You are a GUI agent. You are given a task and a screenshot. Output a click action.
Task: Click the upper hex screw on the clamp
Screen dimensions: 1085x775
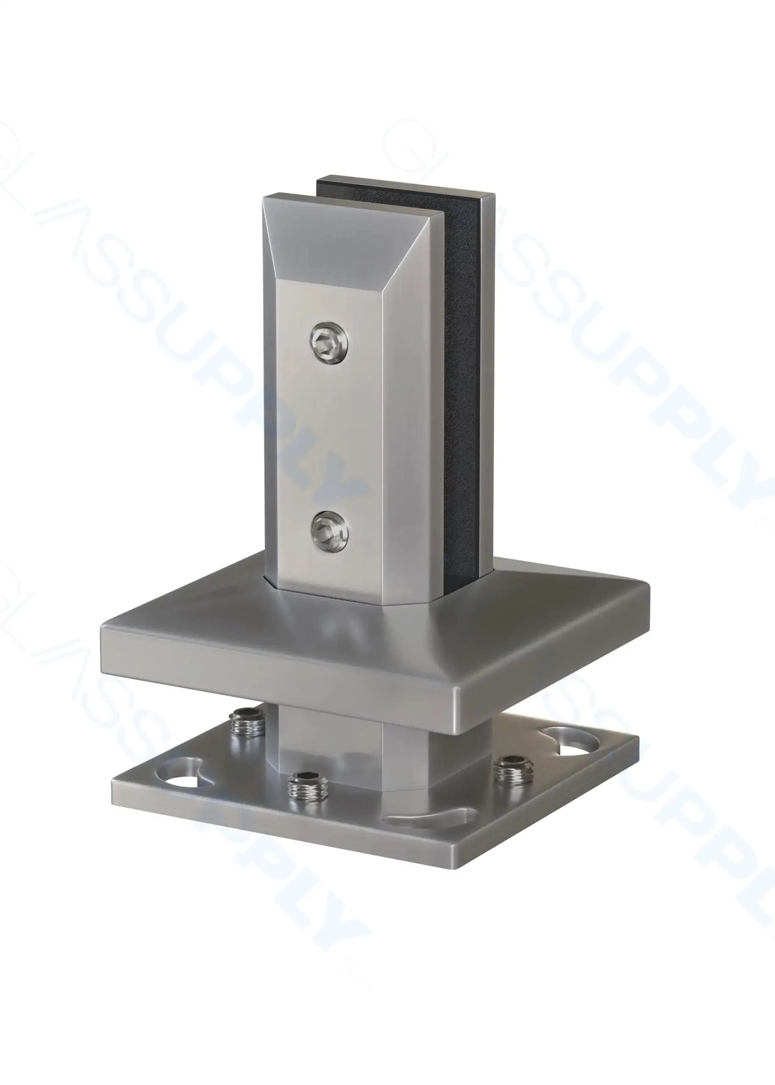[x=329, y=344]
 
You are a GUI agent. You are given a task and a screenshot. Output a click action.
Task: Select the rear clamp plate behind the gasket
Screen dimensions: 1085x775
[x=486, y=382]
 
